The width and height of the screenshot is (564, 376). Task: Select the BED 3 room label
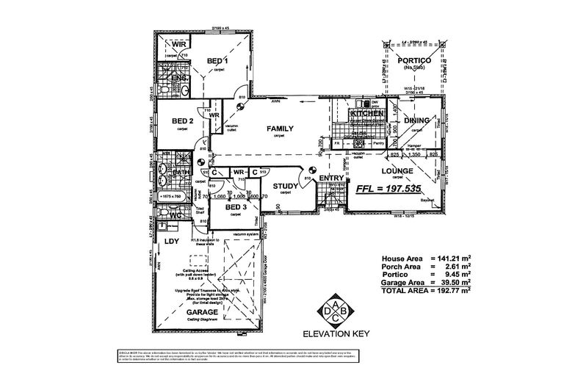pyautogui.click(x=234, y=208)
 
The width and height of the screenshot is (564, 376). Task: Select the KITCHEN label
pyautogui.click(x=367, y=115)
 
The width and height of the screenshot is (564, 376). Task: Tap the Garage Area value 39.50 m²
pyautogui.click(x=454, y=282)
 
